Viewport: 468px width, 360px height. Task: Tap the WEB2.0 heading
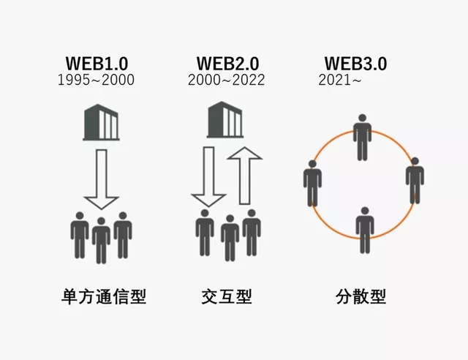tap(227, 64)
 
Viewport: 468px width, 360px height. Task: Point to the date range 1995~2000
tap(96, 80)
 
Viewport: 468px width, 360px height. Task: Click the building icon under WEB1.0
tap(101, 122)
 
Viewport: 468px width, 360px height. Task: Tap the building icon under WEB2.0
tap(227, 120)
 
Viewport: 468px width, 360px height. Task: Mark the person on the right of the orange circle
tap(415, 180)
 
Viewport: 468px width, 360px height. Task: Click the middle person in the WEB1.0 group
tap(102, 238)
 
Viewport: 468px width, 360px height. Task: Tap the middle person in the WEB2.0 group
tap(229, 238)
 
